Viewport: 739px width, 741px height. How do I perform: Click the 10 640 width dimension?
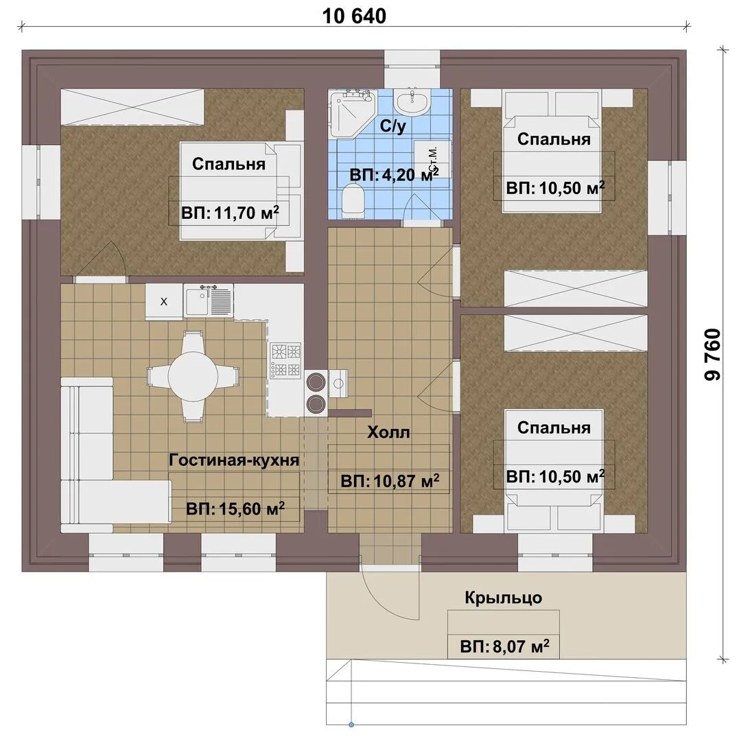pyautogui.click(x=354, y=16)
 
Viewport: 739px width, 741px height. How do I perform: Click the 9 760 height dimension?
pyautogui.click(x=712, y=355)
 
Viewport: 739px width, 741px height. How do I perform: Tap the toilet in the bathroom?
pyautogui.click(x=353, y=200)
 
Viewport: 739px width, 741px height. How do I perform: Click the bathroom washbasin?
pyautogui.click(x=412, y=102)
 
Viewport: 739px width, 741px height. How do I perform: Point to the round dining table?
pyautogui.click(x=193, y=376)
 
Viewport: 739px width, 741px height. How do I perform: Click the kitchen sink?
pyautogui.click(x=209, y=301)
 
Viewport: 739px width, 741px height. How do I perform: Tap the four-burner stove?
pyautogui.click(x=285, y=361)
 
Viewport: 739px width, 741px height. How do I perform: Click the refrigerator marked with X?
pyautogui.click(x=163, y=302)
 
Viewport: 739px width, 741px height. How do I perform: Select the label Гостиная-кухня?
pyautogui.click(x=234, y=460)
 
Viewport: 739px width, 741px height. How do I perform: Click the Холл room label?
pyautogui.click(x=388, y=432)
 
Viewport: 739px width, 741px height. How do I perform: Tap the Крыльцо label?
pyautogui.click(x=503, y=598)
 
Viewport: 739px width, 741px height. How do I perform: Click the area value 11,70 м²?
pyautogui.click(x=230, y=213)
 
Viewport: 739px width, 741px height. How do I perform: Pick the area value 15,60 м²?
pyautogui.click(x=235, y=508)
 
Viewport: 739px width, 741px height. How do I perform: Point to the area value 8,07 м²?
pyautogui.click(x=504, y=646)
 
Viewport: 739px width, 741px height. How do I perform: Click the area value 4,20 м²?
pyautogui.click(x=394, y=175)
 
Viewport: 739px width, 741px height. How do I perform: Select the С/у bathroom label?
pyautogui.click(x=392, y=126)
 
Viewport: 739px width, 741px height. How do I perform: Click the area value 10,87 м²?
pyautogui.click(x=390, y=481)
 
